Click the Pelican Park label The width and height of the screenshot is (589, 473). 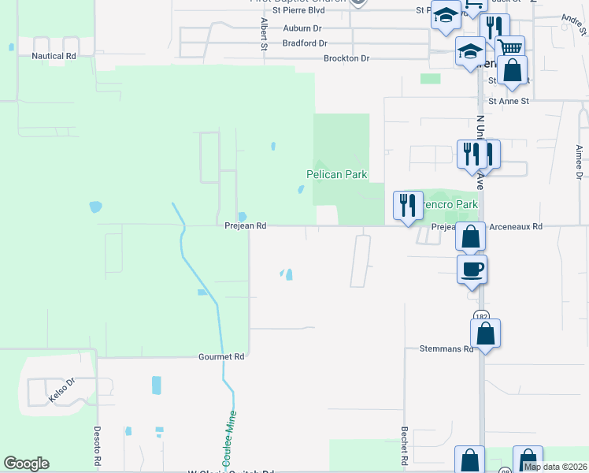(x=337, y=174)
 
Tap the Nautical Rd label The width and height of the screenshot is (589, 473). (x=54, y=57)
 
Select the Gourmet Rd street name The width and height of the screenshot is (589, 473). (x=222, y=357)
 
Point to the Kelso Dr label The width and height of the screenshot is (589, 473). (x=61, y=390)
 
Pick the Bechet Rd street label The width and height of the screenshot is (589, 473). (x=404, y=445)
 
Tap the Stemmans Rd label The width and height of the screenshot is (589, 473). (x=446, y=348)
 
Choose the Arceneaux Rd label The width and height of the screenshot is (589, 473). (x=516, y=226)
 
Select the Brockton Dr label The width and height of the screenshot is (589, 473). (x=346, y=58)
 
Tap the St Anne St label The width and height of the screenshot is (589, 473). (x=509, y=101)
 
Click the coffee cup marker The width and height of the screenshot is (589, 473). (x=472, y=270)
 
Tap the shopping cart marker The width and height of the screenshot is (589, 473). (x=509, y=47)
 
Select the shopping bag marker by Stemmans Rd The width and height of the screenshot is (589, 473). (x=486, y=333)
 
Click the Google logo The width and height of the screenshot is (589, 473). (x=26, y=464)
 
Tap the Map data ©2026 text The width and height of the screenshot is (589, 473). (x=555, y=467)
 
